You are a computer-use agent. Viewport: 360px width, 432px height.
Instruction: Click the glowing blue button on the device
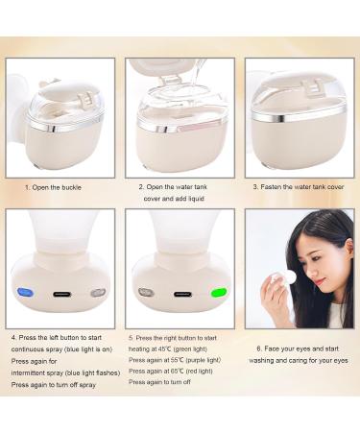click(23, 293)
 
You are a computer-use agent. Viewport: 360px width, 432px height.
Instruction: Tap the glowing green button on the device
click(220, 292)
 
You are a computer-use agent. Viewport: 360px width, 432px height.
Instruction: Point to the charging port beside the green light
click(180, 293)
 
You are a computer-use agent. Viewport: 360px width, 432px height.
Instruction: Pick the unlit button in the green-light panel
click(146, 292)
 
